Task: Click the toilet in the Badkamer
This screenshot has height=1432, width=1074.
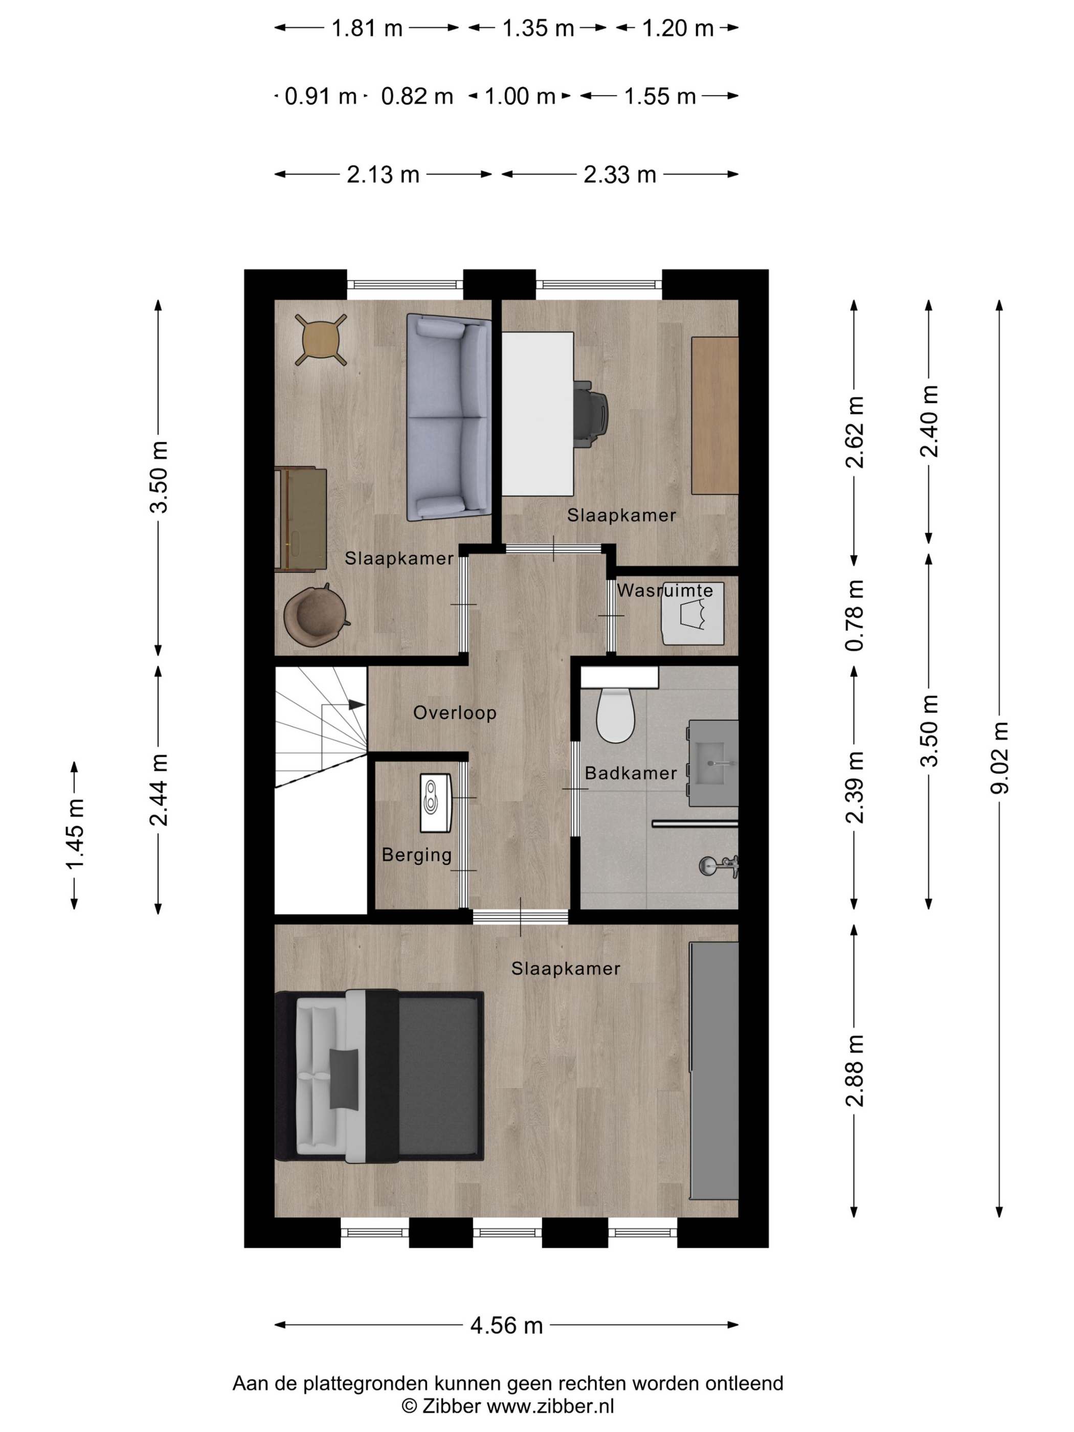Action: point(615,714)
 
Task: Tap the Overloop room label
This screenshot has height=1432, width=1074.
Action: point(455,713)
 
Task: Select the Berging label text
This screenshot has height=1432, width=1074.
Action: point(416,855)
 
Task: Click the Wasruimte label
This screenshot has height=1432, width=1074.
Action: point(664,590)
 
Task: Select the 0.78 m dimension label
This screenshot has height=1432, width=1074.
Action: point(855,615)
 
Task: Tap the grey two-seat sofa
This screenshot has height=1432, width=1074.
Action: point(449,417)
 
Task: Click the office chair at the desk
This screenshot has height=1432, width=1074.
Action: point(590,413)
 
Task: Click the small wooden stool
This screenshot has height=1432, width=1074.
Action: point(321,340)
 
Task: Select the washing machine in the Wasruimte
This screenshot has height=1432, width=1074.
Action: point(692,614)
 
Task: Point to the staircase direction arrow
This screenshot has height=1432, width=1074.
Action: point(356,704)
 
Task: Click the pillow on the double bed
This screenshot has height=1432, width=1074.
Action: point(343,1079)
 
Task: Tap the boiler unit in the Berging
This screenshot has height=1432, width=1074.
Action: point(435,803)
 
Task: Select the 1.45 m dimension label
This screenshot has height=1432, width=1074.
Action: point(75,835)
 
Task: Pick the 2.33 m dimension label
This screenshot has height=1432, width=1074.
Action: point(619,174)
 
